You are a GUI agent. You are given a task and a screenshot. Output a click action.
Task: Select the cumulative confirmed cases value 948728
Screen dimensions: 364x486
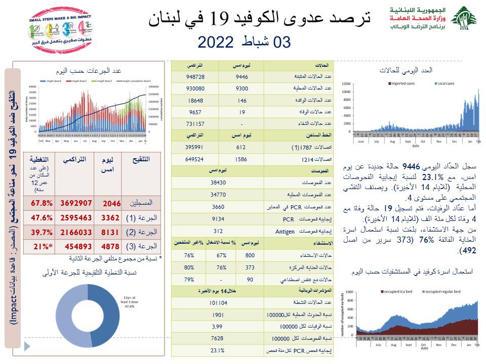(x=194, y=77)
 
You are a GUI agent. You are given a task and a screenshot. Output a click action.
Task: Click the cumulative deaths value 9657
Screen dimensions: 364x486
(x=194, y=111)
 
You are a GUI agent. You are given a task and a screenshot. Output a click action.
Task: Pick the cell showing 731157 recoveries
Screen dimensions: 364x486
(x=194, y=122)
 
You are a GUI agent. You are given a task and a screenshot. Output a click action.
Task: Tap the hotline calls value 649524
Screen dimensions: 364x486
(x=194, y=158)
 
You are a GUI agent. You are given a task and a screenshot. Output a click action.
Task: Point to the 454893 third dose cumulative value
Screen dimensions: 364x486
(x=76, y=247)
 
